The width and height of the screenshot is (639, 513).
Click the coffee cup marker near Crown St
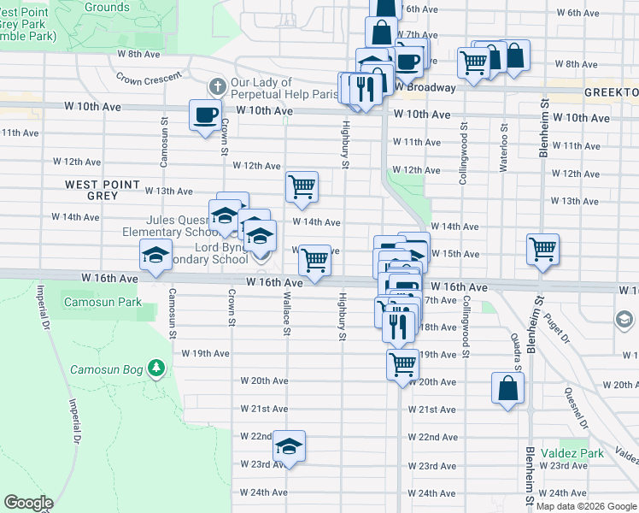coord(205,115)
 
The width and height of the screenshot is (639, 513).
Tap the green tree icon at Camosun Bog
coord(155,369)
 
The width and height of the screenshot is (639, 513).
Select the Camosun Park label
coord(103,302)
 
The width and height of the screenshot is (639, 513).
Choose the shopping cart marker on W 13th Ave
coord(302,186)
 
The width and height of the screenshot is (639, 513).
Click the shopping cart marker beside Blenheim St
coord(542,250)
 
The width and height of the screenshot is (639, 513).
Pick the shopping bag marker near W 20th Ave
coord(507,387)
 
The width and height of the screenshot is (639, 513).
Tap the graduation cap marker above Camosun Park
coord(155,256)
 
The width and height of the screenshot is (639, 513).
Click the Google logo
coord(28,503)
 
